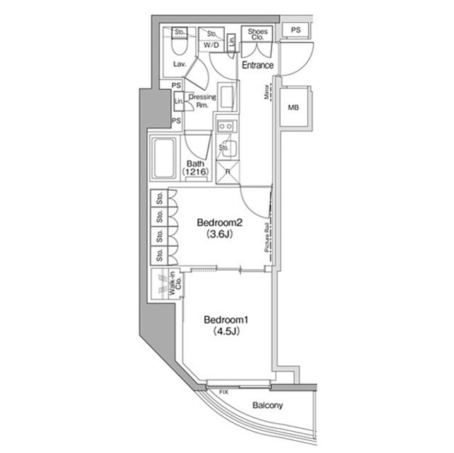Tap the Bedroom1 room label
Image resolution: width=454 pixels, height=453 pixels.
click(221, 319)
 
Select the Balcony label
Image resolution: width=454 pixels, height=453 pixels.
click(267, 406)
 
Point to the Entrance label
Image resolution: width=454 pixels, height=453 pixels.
click(258, 65)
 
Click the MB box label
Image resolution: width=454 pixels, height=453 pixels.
click(294, 108)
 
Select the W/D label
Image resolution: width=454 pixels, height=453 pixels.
click(211, 45)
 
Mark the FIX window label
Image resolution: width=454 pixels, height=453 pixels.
click(224, 391)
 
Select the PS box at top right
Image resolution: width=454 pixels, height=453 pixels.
click(296, 30)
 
